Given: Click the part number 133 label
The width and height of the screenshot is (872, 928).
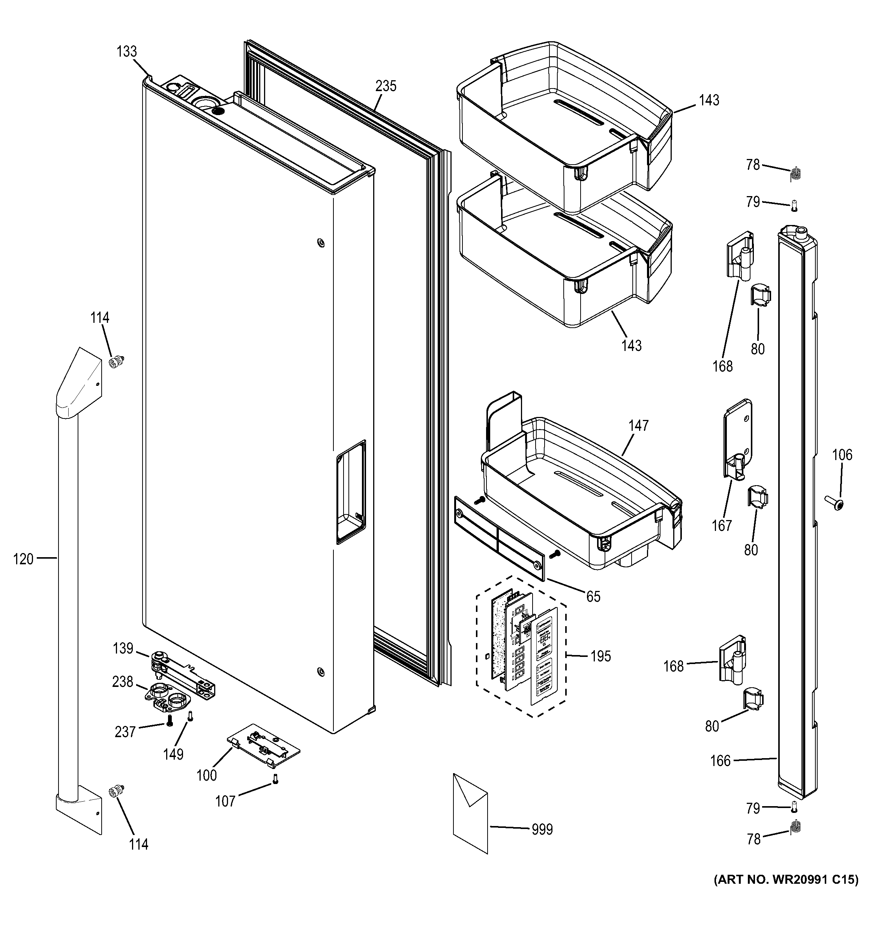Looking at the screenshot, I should pyautogui.click(x=126, y=51).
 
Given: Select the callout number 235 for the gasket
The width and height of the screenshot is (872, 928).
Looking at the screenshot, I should pyautogui.click(x=386, y=86).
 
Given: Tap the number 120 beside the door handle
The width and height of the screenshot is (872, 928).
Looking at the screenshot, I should pyautogui.click(x=23, y=559).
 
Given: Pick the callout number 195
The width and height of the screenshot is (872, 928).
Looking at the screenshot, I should pyautogui.click(x=600, y=656).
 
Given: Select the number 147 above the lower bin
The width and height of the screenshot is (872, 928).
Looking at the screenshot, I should pyautogui.click(x=638, y=426).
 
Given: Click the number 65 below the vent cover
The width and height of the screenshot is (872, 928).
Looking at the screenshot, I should pyautogui.click(x=593, y=597).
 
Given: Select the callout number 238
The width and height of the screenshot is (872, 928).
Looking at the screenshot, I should pyautogui.click(x=122, y=682).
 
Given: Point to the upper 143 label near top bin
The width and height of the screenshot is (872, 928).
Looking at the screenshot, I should pyautogui.click(x=708, y=100).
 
